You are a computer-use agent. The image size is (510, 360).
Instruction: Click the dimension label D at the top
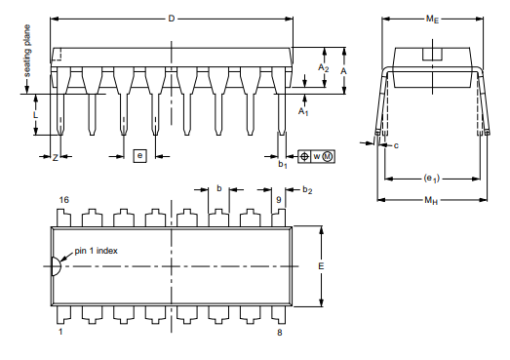click(x=172, y=19)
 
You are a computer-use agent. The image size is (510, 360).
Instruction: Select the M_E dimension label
click(x=432, y=20)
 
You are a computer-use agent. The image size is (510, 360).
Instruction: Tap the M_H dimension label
click(x=431, y=200)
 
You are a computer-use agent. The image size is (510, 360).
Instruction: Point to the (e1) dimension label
click(x=432, y=179)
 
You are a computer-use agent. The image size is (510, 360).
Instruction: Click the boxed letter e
click(x=139, y=155)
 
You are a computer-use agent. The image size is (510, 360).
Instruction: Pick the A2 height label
click(x=324, y=67)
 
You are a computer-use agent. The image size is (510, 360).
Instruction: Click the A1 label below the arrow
click(x=303, y=111)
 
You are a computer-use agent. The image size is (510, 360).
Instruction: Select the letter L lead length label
click(x=35, y=114)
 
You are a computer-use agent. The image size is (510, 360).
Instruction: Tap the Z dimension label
click(x=56, y=158)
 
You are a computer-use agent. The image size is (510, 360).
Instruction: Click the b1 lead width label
click(x=283, y=164)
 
